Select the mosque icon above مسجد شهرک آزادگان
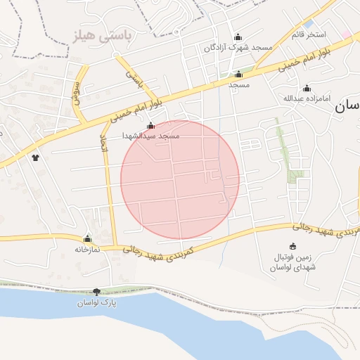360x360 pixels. click(238, 37)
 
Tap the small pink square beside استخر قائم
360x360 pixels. click(345, 33)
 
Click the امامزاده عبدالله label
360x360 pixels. click(306, 98)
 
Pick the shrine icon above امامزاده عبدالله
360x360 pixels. click(306, 89)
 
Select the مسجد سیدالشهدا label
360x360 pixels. click(150, 135)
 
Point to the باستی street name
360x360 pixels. click(133, 78)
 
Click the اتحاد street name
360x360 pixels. click(103, 144)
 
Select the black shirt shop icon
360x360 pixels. click(35, 157)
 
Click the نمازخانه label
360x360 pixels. click(87, 249)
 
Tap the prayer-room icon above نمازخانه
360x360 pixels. click(87, 239)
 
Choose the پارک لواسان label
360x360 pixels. click(96, 302)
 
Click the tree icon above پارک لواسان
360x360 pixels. click(96, 292)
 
